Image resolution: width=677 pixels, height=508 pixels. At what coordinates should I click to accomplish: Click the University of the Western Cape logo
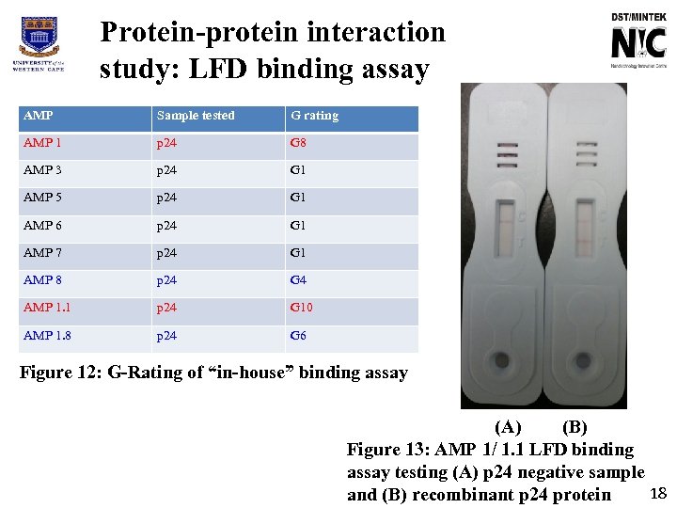point(39,45)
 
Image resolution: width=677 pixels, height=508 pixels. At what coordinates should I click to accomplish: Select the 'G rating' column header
point(314,116)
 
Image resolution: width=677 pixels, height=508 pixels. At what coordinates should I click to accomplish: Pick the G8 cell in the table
point(298,143)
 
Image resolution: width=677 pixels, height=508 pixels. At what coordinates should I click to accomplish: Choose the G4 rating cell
point(298,280)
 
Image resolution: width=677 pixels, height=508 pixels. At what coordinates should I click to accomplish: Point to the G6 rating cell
point(298,336)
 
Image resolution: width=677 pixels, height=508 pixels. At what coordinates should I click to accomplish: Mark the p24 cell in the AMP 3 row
point(168,170)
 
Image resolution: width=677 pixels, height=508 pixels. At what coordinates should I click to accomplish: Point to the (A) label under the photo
point(508,429)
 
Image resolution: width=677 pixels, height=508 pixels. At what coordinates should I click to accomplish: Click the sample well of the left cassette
point(504,360)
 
